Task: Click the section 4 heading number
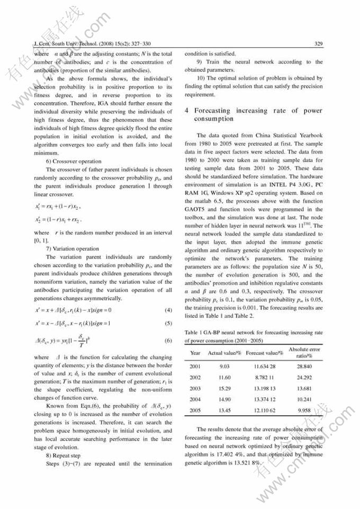click(x=187, y=111)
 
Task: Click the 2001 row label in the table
click(x=195, y=366)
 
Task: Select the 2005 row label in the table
click(x=195, y=410)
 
